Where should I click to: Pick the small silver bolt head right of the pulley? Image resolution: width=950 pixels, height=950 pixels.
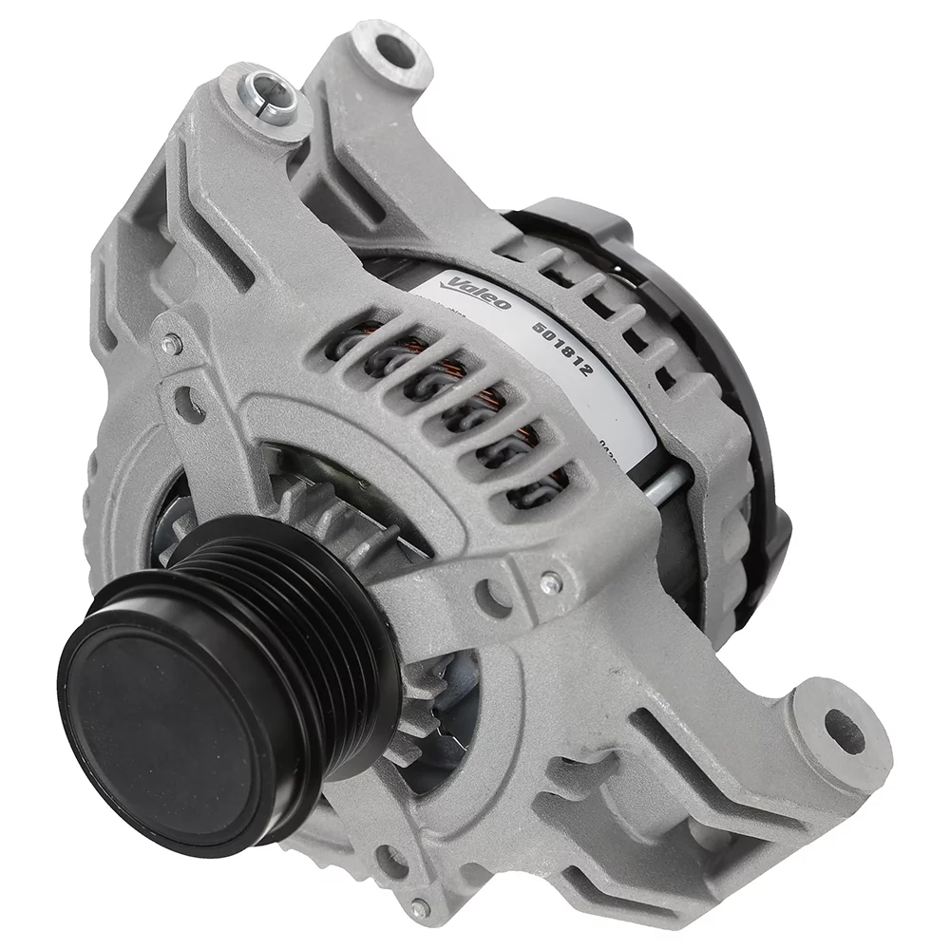[x=548, y=582]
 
